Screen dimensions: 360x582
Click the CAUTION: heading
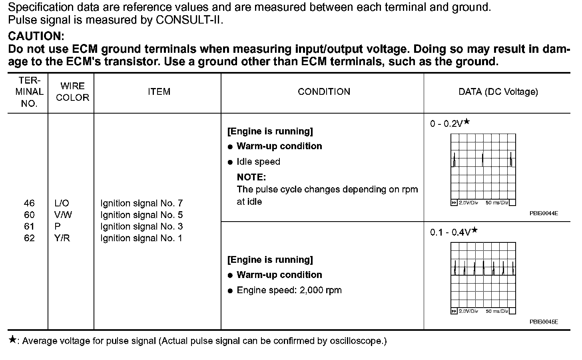(x=36, y=36)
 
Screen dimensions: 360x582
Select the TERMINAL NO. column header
(x=29, y=92)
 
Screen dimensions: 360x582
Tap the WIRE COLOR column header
(x=72, y=92)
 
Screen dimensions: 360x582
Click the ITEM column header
(x=159, y=92)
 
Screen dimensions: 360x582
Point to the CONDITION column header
(x=324, y=92)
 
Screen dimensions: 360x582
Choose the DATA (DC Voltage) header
(x=498, y=92)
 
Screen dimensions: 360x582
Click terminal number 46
(x=29, y=203)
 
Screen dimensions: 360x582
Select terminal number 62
(x=29, y=238)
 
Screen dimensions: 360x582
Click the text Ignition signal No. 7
(x=142, y=203)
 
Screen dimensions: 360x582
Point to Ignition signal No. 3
(x=142, y=226)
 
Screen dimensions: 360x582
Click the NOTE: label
(x=251, y=177)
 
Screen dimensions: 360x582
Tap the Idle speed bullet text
(x=258, y=162)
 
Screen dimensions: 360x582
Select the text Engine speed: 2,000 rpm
(x=289, y=290)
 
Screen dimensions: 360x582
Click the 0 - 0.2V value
(x=446, y=124)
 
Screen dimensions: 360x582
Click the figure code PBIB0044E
(x=544, y=214)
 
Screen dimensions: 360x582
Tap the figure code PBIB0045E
(x=544, y=322)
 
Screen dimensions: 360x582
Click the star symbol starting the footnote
(x=13, y=340)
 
